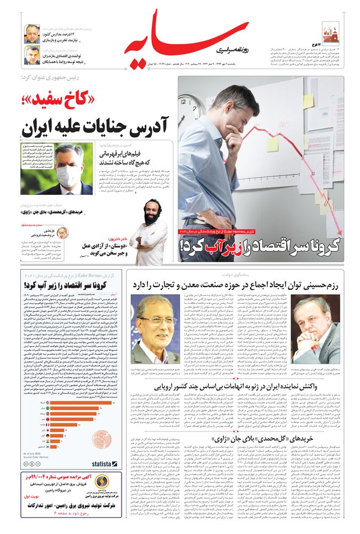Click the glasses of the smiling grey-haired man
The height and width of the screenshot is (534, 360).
155,321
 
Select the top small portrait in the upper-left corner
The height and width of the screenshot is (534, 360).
33,34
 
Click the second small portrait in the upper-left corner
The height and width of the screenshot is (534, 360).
33,55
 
